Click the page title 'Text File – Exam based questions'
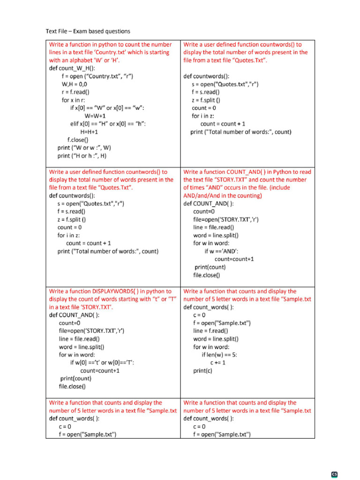88,31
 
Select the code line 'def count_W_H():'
72,68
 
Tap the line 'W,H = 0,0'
74,84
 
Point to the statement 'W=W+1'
95,116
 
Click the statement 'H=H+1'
89,132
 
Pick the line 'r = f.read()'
75,92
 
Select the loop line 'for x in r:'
74,100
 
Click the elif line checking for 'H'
108,124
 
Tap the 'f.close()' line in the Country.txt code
78,140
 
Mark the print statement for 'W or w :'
84,148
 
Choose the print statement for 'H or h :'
82,156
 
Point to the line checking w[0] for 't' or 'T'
104,362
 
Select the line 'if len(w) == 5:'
219,354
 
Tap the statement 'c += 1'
217,362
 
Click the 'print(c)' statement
202,370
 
